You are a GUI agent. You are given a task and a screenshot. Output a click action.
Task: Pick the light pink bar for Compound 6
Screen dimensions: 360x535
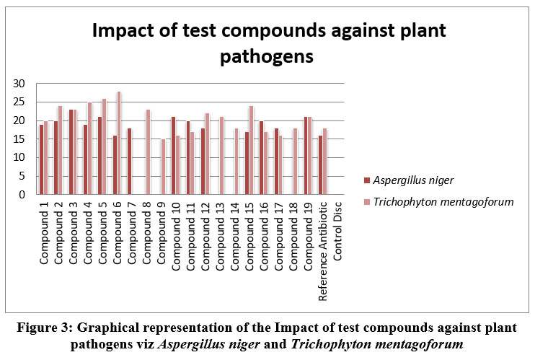click(118, 143)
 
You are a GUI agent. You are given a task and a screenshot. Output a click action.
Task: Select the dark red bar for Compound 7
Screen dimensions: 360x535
click(129, 162)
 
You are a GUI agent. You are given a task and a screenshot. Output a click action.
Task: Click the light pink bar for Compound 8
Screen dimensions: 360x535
click(148, 152)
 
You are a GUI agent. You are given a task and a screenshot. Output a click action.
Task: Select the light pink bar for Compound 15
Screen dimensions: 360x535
click(251, 150)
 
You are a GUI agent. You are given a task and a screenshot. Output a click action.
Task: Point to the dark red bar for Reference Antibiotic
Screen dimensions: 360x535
click(320, 165)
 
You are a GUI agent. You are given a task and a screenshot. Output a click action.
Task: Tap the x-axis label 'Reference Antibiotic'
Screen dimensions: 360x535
click(324, 249)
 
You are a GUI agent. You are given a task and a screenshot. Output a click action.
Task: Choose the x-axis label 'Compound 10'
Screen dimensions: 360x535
click(177, 234)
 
